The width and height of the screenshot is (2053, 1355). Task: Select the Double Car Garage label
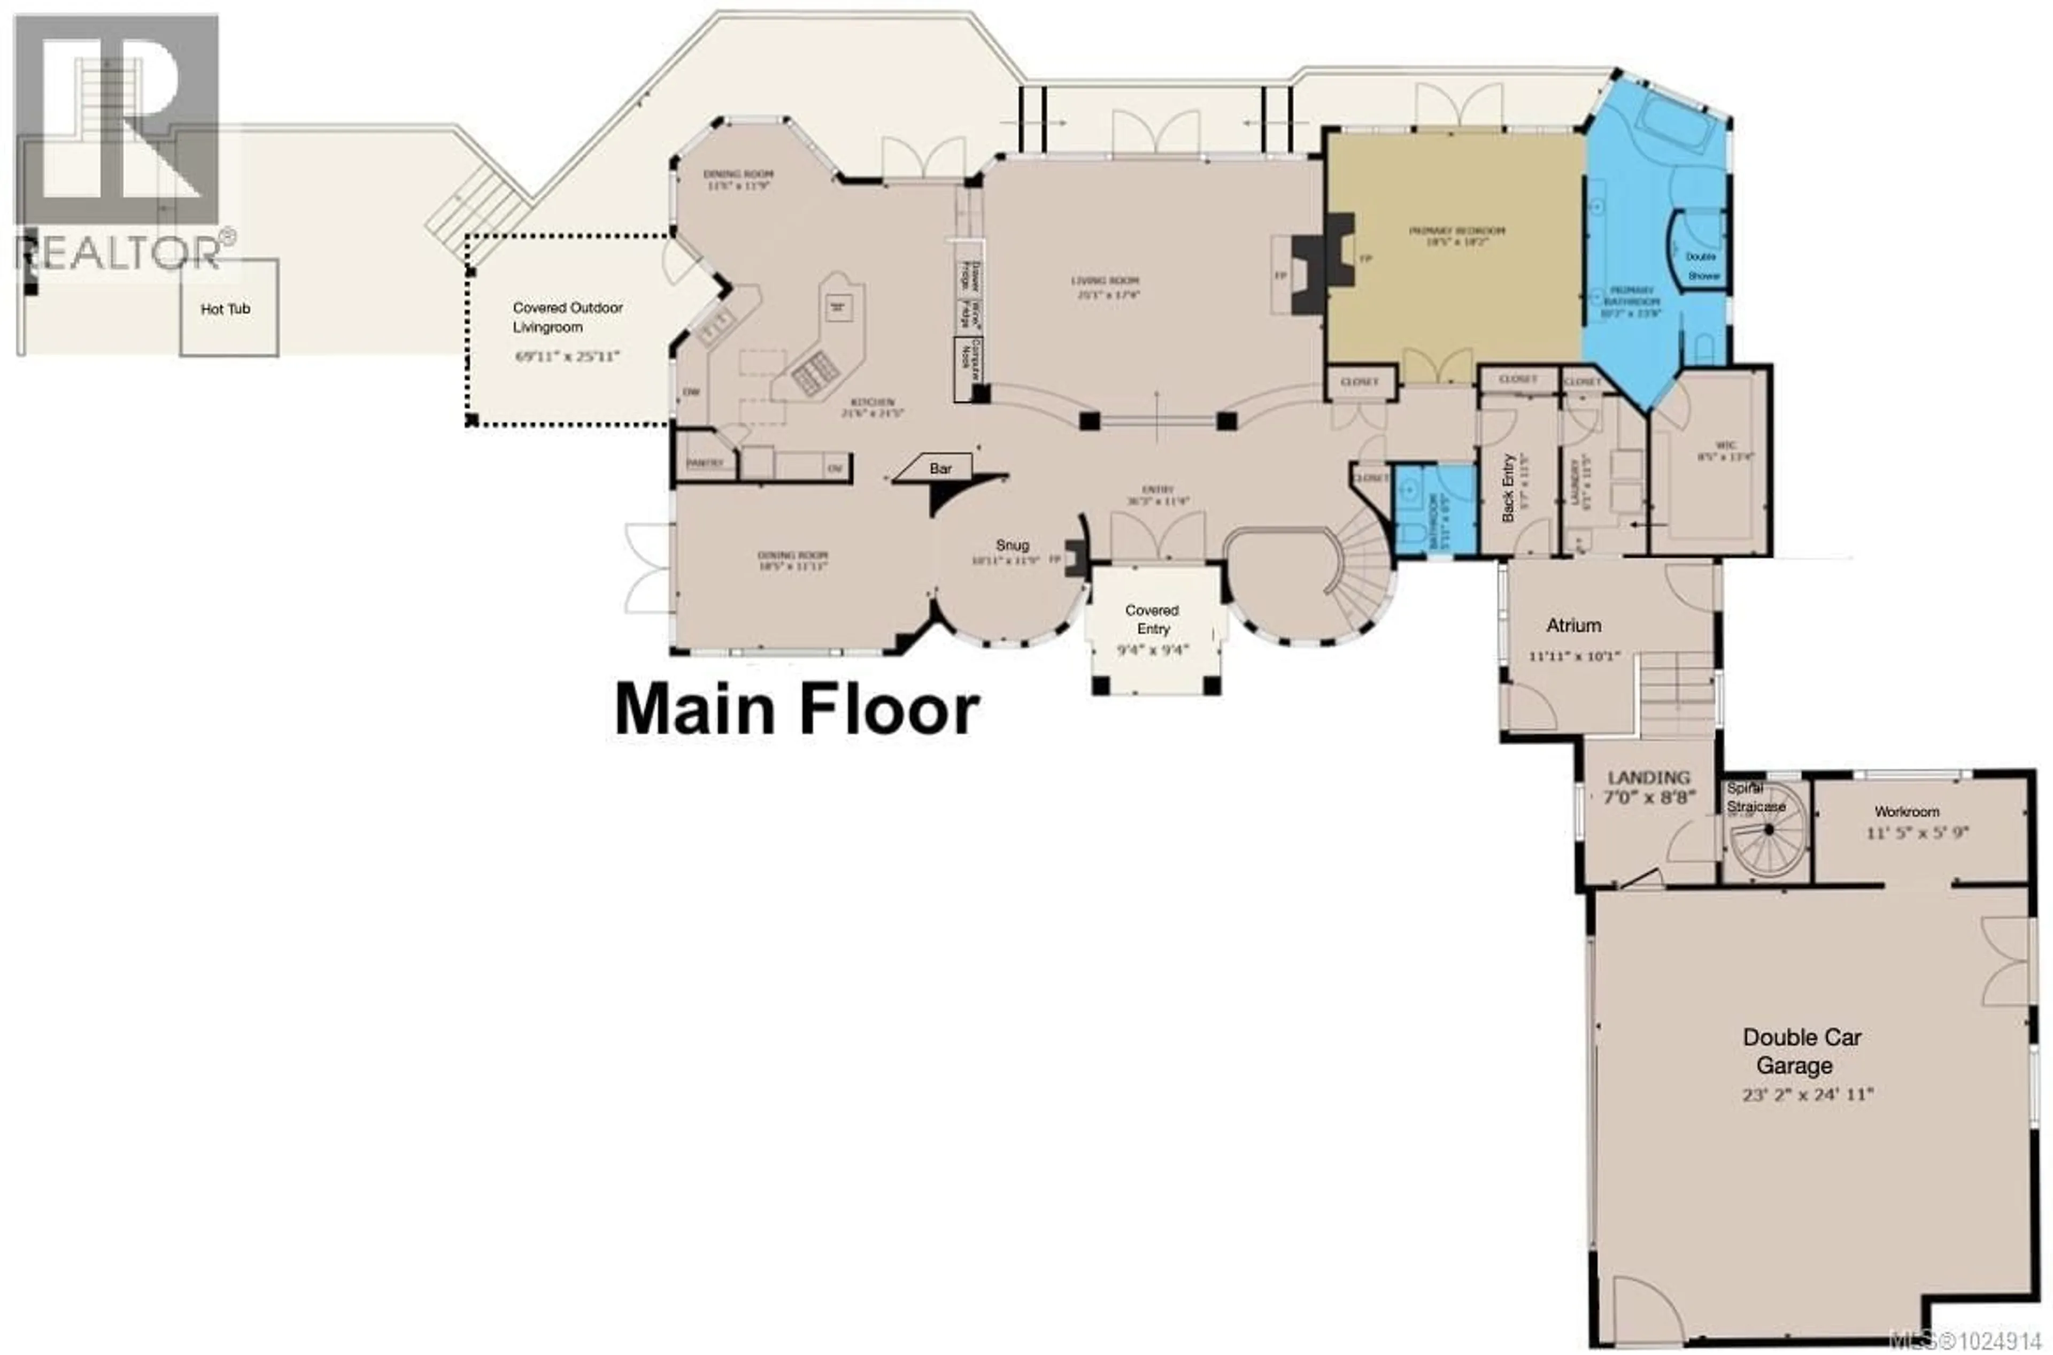1800,1051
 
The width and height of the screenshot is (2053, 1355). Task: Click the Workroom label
1906,811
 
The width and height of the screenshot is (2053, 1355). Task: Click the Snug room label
1012,545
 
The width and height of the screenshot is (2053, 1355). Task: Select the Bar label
940,468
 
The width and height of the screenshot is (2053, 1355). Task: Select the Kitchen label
873,403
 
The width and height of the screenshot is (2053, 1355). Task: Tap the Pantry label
704,463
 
